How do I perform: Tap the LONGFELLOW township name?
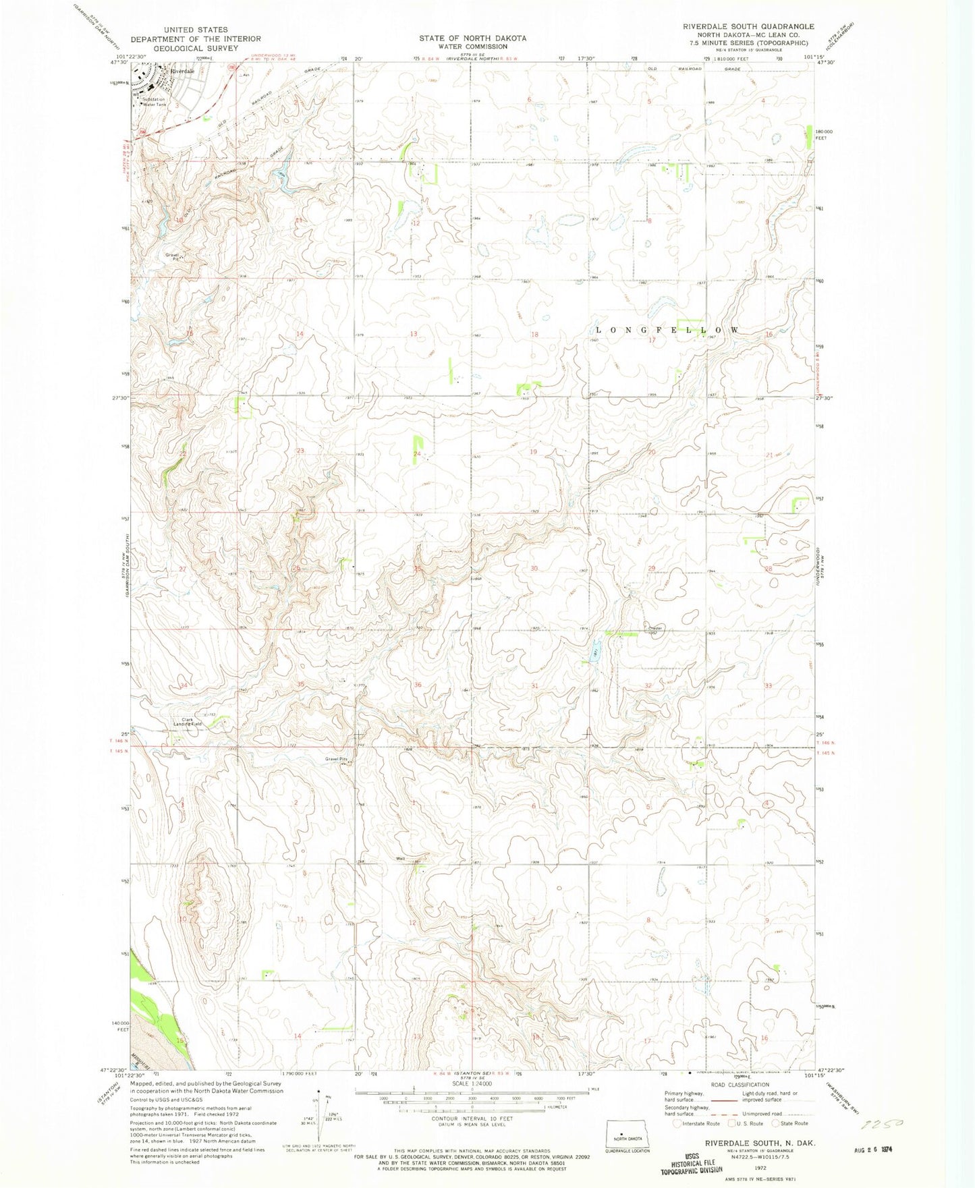(667, 330)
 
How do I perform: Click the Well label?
(401, 859)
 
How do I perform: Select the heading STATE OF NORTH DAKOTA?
(472, 38)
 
